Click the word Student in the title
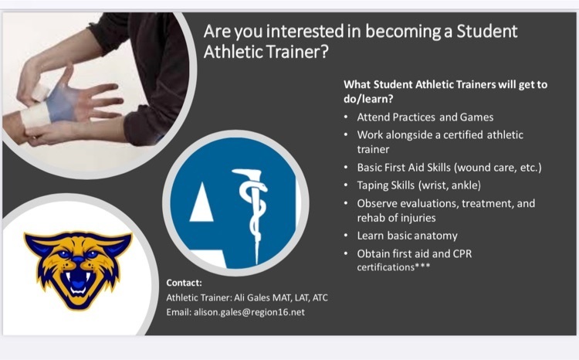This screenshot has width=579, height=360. pyautogui.click(x=486, y=31)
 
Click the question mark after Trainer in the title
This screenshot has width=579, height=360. pyautogui.click(x=324, y=52)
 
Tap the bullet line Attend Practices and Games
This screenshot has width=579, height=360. pyautogui.click(x=425, y=117)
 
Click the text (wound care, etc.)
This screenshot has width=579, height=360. pyautogui.click(x=498, y=168)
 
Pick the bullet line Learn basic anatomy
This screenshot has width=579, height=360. pyautogui.click(x=407, y=236)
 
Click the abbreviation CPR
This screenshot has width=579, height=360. pyautogui.click(x=462, y=254)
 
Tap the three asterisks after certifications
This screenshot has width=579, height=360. pyautogui.click(x=423, y=266)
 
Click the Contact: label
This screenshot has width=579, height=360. pyautogui.click(x=184, y=283)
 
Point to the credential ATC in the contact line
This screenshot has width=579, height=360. pyautogui.click(x=320, y=297)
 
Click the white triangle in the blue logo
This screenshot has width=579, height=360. pyautogui.click(x=201, y=203)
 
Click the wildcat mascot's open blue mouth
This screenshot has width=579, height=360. pyautogui.click(x=78, y=283)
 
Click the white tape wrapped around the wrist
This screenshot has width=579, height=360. pyautogui.click(x=35, y=115)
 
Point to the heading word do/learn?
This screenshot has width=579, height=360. pyautogui.click(x=368, y=99)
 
